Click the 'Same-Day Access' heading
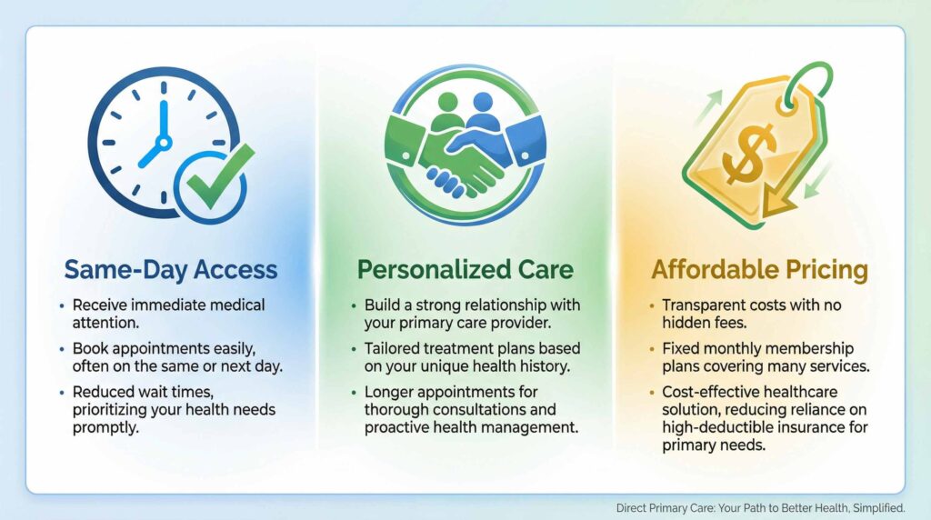(x=171, y=269)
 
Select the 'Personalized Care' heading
(x=465, y=269)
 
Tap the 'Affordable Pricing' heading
(x=759, y=270)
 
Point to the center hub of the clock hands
(x=164, y=143)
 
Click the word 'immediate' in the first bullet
(x=169, y=305)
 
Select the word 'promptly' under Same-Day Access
(x=105, y=428)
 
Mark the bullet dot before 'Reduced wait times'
(x=62, y=393)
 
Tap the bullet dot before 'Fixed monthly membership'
(x=651, y=349)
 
